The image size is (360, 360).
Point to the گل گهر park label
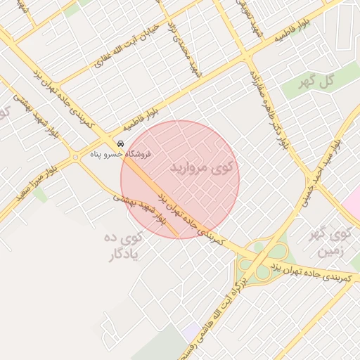pyautogui.click(x=316, y=82)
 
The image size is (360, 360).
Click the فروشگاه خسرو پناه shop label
pyautogui.click(x=120, y=153)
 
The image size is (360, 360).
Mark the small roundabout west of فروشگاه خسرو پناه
pyautogui.click(x=76, y=157)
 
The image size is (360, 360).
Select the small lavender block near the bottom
pyautogui.click(x=190, y=330)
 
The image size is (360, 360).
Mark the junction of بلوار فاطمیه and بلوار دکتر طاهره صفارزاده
pyautogui.click(x=248, y=56)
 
